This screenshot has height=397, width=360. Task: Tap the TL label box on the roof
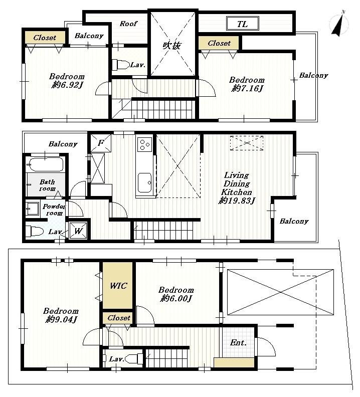tap(242, 23)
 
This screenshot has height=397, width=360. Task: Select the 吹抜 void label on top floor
tap(171, 46)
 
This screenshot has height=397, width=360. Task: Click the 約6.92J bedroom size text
tap(67, 85)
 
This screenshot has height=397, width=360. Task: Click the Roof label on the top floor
tap(128, 24)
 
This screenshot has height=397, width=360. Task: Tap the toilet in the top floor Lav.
tap(120, 65)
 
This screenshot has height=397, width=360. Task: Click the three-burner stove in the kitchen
tap(144, 144)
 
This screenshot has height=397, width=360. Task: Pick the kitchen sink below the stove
tap(144, 181)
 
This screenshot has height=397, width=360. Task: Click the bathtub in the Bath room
tap(46, 164)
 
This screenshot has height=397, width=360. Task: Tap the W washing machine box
tap(79, 231)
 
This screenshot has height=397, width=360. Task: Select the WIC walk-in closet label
tap(118, 286)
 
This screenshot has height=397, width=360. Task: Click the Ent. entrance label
tap(238, 343)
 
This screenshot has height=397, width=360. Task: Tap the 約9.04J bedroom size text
tap(62, 319)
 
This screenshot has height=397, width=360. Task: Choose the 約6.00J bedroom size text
tap(176, 298)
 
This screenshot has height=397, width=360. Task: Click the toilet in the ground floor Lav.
tap(132, 358)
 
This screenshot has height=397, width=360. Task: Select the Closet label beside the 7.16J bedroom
tap(219, 43)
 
